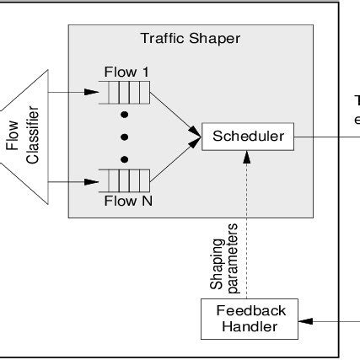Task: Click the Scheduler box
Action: pyautogui.click(x=249, y=136)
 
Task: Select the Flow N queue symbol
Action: pyautogui.click(x=126, y=180)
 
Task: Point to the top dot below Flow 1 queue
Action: pyautogui.click(x=125, y=112)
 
